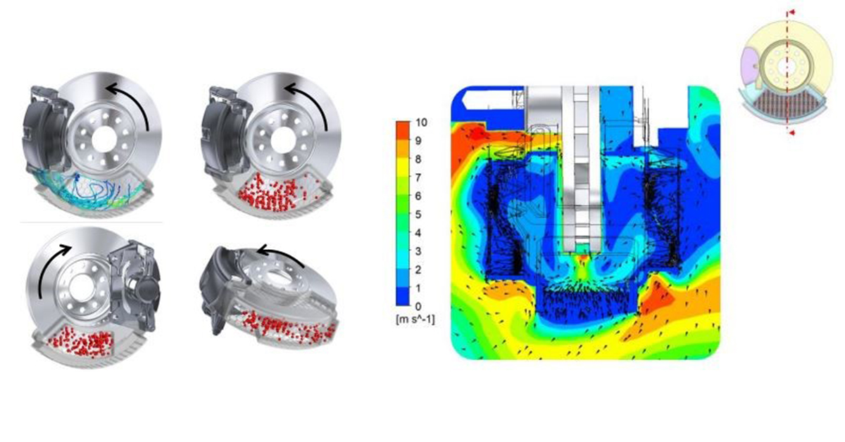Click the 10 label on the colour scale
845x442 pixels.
(421, 122)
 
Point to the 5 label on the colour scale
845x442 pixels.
(418, 214)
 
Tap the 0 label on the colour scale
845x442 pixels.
(418, 306)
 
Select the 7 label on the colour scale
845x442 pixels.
(418, 177)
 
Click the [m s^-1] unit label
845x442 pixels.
(415, 320)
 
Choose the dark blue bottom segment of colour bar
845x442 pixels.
(403, 296)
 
